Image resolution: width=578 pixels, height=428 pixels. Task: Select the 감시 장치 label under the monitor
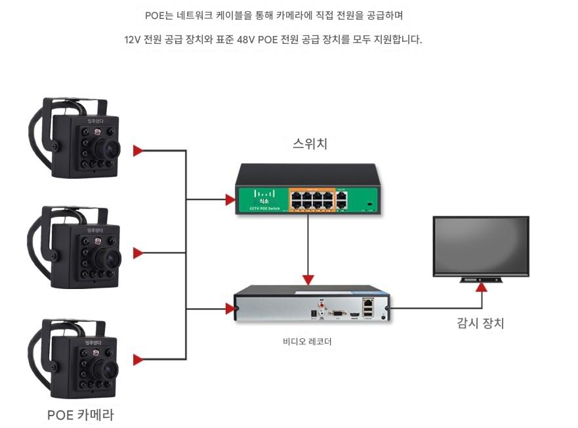[x=480, y=323]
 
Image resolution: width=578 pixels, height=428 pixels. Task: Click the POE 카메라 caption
[x=81, y=414]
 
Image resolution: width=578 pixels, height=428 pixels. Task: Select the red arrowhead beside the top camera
[x=138, y=151]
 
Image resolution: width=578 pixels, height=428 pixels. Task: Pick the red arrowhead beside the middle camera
[x=138, y=253]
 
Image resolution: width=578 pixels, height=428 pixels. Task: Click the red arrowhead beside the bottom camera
[x=138, y=359]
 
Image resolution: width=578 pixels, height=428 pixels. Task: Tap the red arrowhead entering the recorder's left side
[x=230, y=307]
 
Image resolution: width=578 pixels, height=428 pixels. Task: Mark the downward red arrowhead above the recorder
[x=308, y=279]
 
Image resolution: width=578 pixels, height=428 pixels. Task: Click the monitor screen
[x=481, y=246]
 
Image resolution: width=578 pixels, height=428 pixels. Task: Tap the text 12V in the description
[x=132, y=40]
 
